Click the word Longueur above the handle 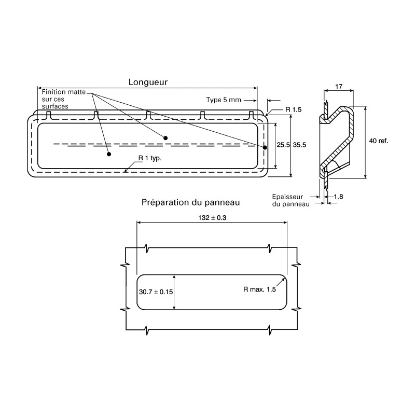point(148,82)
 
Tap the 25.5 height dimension point(283,145)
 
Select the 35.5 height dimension point(299,145)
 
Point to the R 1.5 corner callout point(294,109)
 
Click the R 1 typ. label point(150,158)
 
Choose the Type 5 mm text point(224,100)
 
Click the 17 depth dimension point(339,87)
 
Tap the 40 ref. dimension point(379,141)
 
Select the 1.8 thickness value point(338,197)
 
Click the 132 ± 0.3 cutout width point(212,218)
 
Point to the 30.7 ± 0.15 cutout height point(156,292)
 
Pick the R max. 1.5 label point(260,289)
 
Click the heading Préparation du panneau point(190,202)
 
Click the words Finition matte point(63,92)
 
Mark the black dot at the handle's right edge point(265,147)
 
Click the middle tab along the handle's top point(148,115)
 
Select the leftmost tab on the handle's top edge point(48,115)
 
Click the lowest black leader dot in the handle point(109,154)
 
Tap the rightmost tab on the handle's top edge point(252,115)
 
